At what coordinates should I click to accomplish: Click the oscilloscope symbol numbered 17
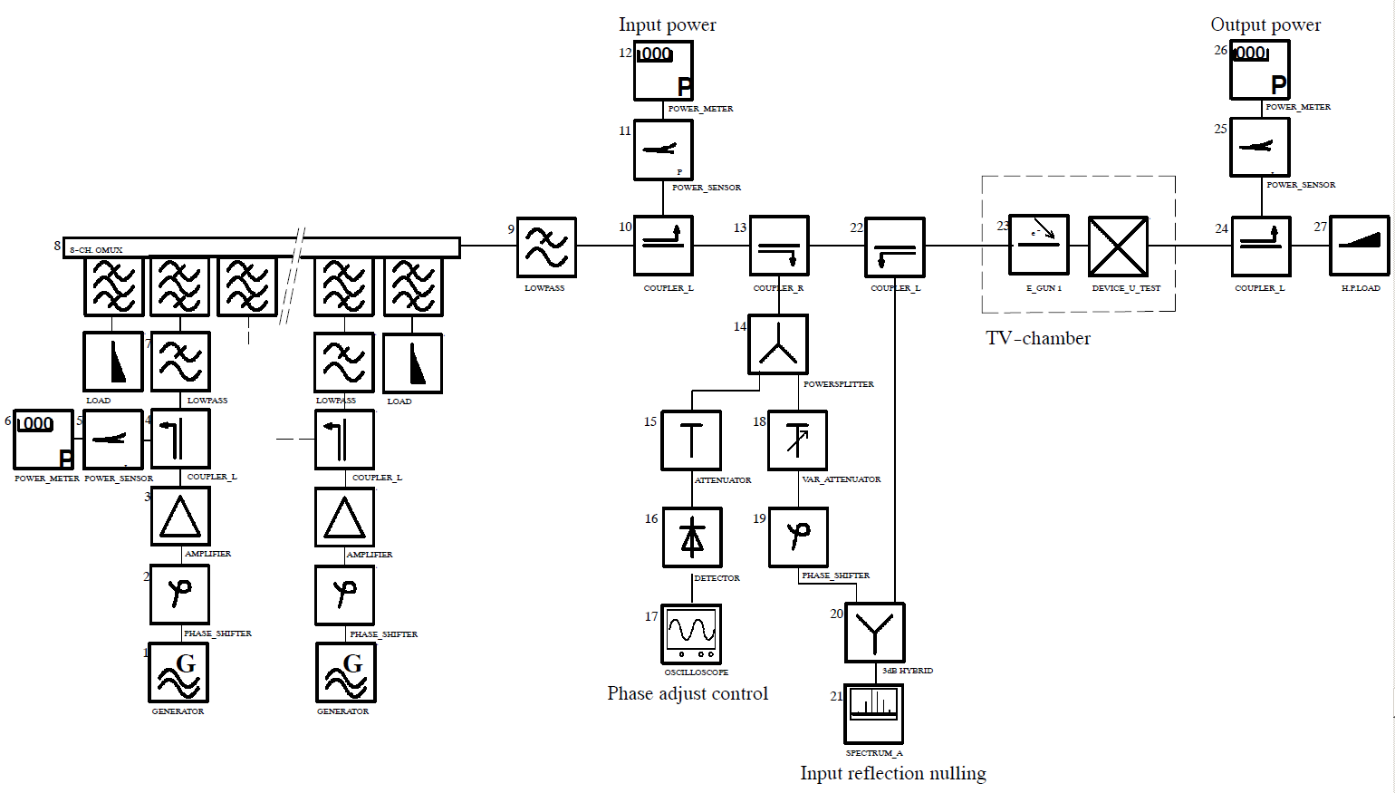point(691,633)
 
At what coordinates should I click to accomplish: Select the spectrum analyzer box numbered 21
point(873,713)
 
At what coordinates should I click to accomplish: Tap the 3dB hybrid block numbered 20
point(874,633)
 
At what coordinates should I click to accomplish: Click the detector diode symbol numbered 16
point(692,537)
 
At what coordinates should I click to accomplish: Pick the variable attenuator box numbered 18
point(797,440)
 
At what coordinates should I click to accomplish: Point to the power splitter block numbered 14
point(778,344)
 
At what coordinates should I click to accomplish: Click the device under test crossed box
point(1118,246)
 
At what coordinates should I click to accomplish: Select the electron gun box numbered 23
point(1039,245)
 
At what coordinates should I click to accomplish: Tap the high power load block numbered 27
point(1359,245)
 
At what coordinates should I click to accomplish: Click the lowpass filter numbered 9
point(546,247)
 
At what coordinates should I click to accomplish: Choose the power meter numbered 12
point(663,71)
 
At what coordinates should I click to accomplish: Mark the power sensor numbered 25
point(1259,147)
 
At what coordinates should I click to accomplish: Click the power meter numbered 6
point(43,440)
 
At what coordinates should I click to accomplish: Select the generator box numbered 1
point(178,672)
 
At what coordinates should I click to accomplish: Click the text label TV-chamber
point(1038,338)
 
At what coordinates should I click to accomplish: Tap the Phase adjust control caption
point(688,693)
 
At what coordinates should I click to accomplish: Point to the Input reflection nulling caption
point(892,773)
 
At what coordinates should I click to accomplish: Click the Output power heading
point(1265,24)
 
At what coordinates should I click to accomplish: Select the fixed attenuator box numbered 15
point(691,440)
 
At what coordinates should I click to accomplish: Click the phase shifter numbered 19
point(798,537)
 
